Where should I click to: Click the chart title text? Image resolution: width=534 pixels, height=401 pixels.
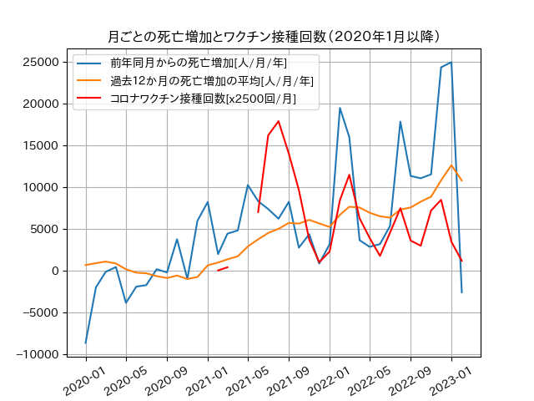coord(275,37)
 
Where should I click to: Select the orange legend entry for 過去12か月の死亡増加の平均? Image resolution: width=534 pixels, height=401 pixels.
coord(200,81)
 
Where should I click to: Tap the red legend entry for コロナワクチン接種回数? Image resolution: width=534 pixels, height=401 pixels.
coord(192,99)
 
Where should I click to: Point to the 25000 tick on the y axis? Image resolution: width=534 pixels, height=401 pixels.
coord(40,63)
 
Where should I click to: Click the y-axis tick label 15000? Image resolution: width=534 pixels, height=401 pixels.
coord(40,146)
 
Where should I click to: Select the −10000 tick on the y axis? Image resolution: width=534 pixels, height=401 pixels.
coord(37,355)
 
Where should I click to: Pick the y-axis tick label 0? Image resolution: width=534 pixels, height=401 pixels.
coord(54,272)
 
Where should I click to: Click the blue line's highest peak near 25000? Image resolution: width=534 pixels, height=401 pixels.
coord(451,63)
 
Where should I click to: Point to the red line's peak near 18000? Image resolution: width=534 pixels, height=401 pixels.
coord(279,121)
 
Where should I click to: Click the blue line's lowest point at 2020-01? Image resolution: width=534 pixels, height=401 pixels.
coord(85,343)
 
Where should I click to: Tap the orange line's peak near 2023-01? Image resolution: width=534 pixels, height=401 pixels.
coord(451,165)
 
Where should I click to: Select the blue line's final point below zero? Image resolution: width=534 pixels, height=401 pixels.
coord(461,292)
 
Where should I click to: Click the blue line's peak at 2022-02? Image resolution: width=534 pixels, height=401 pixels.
coord(340,108)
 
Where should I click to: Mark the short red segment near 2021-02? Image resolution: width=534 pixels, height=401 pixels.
coord(223,269)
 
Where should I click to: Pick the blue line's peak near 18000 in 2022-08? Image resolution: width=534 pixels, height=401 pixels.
coord(400,122)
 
